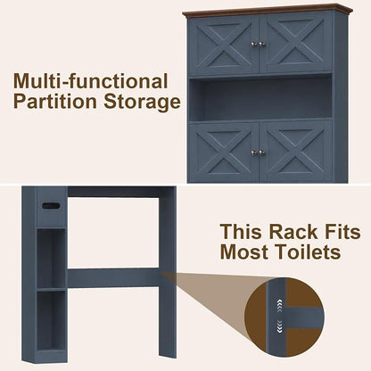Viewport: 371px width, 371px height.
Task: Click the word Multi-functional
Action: (91, 81)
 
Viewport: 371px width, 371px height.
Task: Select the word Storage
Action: (142, 103)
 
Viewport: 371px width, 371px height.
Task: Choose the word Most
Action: (243, 252)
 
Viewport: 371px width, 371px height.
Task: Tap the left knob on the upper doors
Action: (254, 45)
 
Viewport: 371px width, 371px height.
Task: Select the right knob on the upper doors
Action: (261, 45)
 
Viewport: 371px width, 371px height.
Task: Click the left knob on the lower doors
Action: (254, 153)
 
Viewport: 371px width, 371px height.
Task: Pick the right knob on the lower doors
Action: (261, 153)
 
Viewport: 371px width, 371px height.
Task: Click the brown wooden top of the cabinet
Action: (268, 10)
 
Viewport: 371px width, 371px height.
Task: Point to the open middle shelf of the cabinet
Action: (260, 98)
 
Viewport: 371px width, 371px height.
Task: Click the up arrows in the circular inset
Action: (280, 305)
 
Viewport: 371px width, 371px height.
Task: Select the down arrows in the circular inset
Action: (280, 325)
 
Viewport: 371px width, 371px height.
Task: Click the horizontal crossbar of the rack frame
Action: (113, 277)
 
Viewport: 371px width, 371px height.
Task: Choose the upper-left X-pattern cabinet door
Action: (224, 45)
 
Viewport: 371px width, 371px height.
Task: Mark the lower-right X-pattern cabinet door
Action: (296, 152)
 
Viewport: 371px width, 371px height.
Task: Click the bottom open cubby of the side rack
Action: (51, 320)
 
